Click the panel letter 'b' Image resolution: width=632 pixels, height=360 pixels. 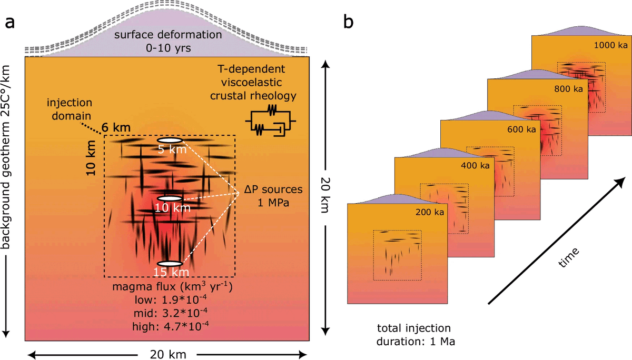(349, 22)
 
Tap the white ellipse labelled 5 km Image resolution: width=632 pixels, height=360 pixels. (170, 141)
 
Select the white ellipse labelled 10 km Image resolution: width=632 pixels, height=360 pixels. (170, 198)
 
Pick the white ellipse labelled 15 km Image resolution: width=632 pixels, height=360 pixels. (170, 263)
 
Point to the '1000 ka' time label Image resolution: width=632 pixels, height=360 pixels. (607, 45)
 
